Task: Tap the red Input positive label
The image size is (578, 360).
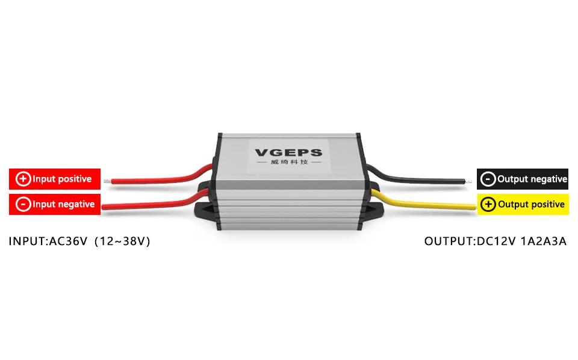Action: tap(55, 179)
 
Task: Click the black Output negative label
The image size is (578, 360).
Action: tap(523, 179)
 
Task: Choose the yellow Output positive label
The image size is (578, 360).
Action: tap(523, 204)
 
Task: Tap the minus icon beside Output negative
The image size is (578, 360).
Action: tap(489, 179)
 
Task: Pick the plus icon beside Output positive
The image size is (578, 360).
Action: tap(489, 204)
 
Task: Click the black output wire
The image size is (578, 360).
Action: tap(421, 178)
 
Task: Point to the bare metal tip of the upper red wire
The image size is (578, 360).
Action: tap(106, 180)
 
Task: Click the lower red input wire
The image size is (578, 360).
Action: tap(151, 205)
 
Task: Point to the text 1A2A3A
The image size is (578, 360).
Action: tap(544, 241)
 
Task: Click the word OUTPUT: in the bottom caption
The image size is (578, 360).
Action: tap(449, 241)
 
